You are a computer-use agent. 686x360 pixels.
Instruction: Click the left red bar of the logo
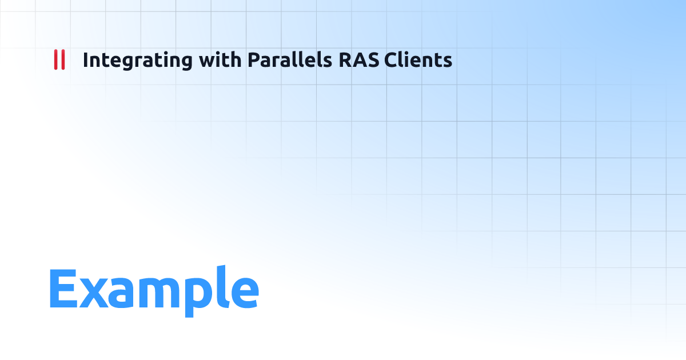pos(55,60)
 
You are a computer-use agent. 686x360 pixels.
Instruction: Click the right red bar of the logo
pos(63,60)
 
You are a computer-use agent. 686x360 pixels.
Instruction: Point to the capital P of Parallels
pos(253,60)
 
